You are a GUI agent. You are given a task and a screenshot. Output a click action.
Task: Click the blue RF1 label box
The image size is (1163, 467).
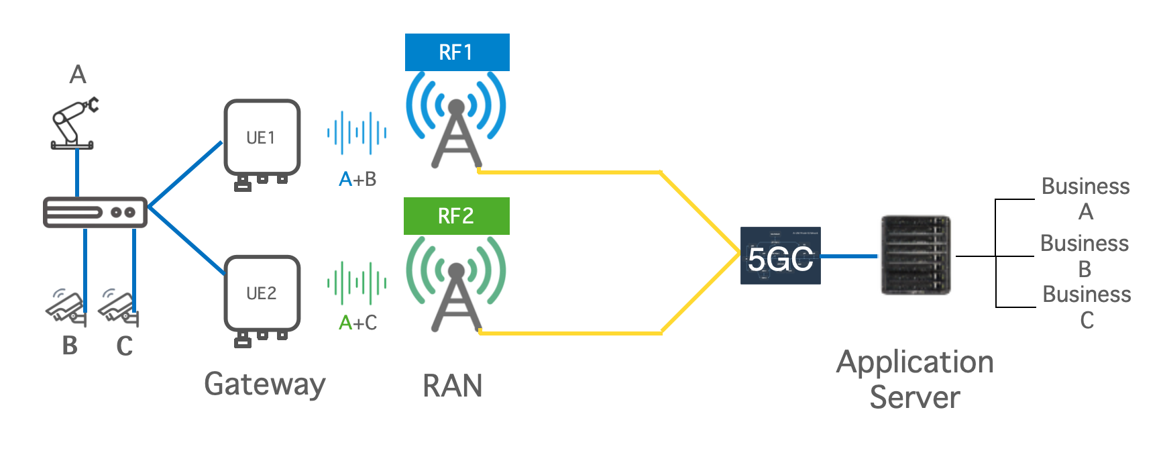457,52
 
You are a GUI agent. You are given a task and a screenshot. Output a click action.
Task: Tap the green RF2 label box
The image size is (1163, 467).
456,216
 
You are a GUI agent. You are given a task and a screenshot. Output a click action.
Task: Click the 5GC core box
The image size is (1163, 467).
780,256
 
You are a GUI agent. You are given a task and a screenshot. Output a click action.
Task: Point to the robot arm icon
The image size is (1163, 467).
73,123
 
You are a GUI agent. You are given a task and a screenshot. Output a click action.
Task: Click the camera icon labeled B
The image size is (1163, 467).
65,306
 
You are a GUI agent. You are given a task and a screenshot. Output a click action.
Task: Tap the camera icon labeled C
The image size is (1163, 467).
118,306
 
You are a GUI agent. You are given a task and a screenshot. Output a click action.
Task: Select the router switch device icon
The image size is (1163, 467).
95,212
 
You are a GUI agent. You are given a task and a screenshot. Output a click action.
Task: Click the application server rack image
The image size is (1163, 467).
916,256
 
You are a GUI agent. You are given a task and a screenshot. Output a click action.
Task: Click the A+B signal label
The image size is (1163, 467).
357,179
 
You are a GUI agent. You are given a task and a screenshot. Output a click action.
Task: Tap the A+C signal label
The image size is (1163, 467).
357,323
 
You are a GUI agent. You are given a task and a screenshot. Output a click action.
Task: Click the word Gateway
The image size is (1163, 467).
264,384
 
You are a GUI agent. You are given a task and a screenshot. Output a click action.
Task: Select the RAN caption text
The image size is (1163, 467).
453,386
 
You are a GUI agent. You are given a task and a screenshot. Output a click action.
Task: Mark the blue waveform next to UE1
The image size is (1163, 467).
357,133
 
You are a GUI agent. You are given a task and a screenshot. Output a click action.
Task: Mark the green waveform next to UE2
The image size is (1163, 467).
357,283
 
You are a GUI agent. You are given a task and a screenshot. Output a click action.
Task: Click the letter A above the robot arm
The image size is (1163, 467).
78,74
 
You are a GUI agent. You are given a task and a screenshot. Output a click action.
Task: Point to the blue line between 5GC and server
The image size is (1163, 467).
849,256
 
